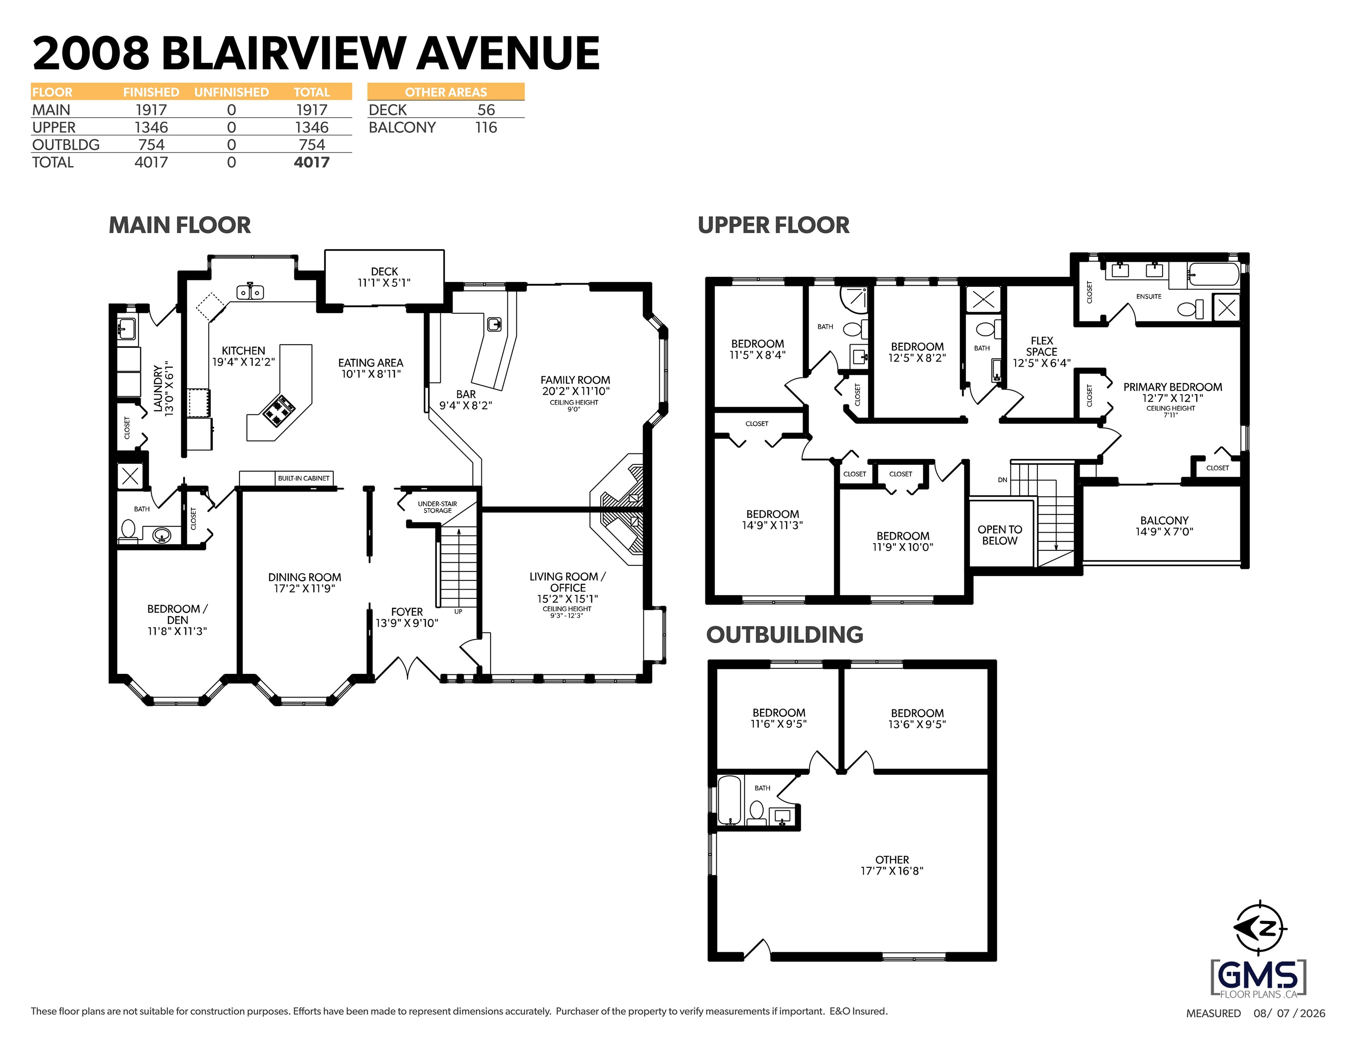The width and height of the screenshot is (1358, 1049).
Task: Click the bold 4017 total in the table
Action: point(311,162)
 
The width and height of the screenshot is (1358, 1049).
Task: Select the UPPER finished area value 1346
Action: point(151,127)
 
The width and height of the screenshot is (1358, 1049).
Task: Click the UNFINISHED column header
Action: point(231,92)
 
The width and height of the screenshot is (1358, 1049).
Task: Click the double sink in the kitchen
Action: point(250,291)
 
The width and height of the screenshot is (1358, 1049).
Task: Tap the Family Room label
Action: point(575,380)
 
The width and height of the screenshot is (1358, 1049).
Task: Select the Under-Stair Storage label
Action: point(438,507)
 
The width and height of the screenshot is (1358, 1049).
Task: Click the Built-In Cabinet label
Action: point(303,478)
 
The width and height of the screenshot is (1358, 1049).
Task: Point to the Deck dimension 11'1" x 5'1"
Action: point(384,283)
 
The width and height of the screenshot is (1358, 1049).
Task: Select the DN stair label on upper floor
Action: point(1002,480)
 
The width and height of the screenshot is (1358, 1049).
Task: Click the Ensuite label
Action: point(1149,296)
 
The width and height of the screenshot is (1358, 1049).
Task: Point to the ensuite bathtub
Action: point(1213,274)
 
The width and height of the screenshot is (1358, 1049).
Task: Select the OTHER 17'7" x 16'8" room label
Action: point(892,866)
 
